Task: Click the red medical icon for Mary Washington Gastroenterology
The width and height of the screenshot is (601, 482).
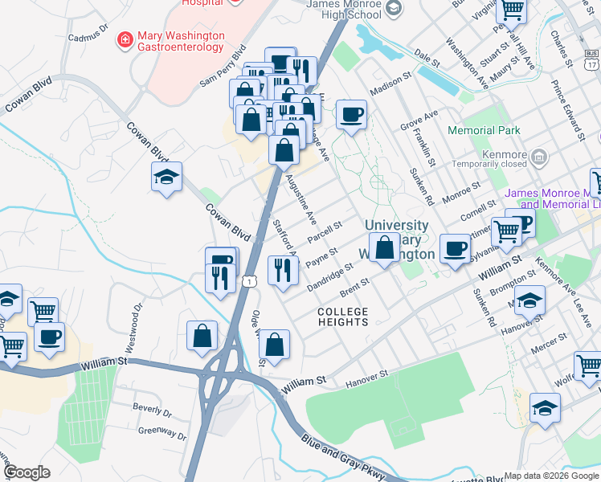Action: (125, 39)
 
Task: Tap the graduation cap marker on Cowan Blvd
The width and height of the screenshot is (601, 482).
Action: (166, 178)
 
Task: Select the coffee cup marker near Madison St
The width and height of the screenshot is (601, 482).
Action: (350, 114)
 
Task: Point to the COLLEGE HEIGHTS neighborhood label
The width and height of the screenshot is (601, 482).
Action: (342, 317)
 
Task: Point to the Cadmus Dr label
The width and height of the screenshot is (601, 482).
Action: (88, 35)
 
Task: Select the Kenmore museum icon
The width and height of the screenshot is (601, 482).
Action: (539, 155)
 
